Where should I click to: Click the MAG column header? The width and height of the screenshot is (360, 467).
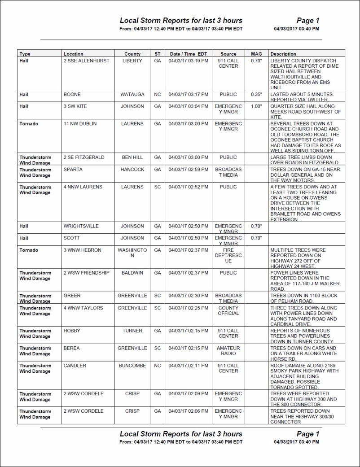[x=256, y=54]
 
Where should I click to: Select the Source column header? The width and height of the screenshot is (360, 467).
[x=228, y=54]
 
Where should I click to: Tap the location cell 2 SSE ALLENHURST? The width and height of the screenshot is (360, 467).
[x=86, y=61]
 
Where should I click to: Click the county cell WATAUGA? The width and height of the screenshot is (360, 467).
[x=132, y=95]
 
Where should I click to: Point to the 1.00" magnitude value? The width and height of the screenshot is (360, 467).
[x=256, y=106]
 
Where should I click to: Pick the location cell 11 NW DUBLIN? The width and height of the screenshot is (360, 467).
[x=80, y=123]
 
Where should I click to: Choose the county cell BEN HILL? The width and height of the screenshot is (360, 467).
[x=132, y=157]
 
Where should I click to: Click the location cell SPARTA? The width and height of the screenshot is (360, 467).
[x=72, y=170]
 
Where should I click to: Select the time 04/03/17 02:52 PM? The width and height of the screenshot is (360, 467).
[x=188, y=187]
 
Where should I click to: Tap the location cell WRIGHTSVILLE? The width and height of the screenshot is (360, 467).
[x=81, y=226]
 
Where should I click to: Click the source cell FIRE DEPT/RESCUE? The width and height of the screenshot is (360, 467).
[x=228, y=255]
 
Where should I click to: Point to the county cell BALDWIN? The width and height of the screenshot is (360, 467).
[x=132, y=273]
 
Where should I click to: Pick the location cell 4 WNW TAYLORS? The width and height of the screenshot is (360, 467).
[x=83, y=308]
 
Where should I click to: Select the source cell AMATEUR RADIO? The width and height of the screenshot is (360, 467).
[x=228, y=351]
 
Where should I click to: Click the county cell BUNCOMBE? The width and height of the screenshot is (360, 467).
[x=132, y=366]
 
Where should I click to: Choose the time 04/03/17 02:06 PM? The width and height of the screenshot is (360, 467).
[x=188, y=411]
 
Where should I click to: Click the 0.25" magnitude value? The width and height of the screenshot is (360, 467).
[x=256, y=95]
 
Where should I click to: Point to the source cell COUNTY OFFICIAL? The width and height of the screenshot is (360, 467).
[x=228, y=311]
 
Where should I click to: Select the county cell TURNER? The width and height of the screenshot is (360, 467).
[x=132, y=331]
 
